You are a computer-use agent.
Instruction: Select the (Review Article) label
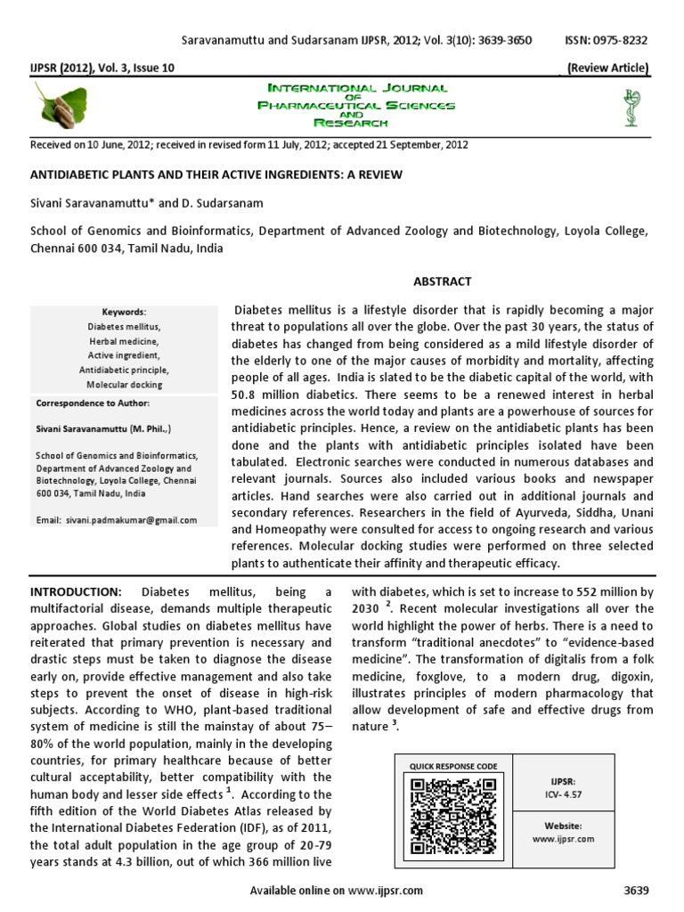pyautogui.click(x=607, y=69)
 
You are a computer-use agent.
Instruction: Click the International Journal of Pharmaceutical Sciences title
pyautogui.click(x=356, y=106)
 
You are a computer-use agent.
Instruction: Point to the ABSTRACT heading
pyautogui.click(x=442, y=281)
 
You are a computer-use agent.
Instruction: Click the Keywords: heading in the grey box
pyautogui.click(x=124, y=313)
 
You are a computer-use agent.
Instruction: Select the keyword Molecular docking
pyautogui.click(x=124, y=385)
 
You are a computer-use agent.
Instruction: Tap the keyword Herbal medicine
pyautogui.click(x=124, y=341)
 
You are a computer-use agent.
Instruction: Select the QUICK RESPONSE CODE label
pyautogui.click(x=453, y=766)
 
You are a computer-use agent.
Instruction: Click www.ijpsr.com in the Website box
pyautogui.click(x=563, y=839)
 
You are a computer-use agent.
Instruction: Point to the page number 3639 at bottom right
pyautogui.click(x=637, y=890)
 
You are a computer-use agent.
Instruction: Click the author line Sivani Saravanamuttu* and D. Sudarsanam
pyautogui.click(x=144, y=204)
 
